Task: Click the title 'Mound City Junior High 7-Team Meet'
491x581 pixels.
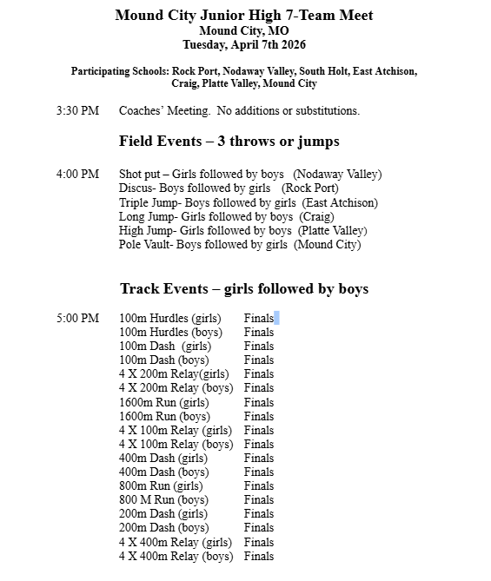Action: (x=244, y=15)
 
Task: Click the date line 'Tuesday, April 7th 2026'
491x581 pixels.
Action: (x=244, y=44)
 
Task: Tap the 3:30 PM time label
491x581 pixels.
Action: (x=77, y=111)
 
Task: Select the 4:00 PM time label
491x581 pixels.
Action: (x=77, y=175)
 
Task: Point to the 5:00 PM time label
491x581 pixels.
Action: (x=77, y=319)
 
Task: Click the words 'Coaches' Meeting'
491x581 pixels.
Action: (x=163, y=111)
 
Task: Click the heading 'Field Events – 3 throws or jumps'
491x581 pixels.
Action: (x=229, y=142)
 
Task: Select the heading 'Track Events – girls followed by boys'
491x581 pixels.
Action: (x=244, y=289)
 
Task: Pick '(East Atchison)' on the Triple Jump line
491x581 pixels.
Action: (x=340, y=202)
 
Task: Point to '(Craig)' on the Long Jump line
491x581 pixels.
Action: (x=319, y=216)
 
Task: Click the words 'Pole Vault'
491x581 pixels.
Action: (x=144, y=244)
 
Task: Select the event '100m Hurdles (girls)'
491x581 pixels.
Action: (x=170, y=319)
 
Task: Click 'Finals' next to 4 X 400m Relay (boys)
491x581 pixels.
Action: (x=259, y=556)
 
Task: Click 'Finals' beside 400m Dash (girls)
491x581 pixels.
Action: (x=259, y=458)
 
